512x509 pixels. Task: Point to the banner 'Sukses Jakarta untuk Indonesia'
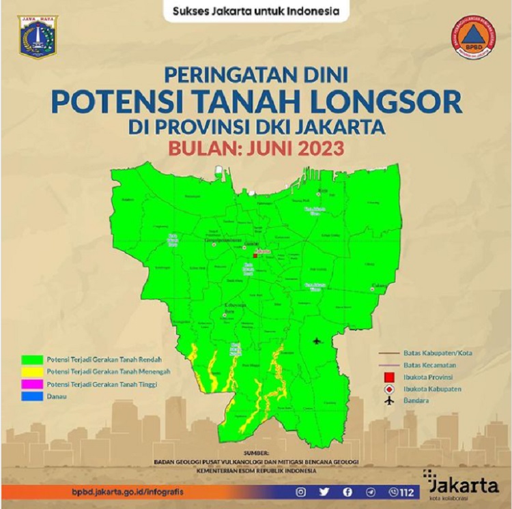[x=256, y=12]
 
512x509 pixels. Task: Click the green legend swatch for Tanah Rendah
[x=32, y=359]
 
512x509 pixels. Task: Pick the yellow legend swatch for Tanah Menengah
[x=32, y=372]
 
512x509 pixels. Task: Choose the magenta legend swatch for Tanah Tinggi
[x=32, y=385]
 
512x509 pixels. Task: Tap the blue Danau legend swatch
[x=32, y=398]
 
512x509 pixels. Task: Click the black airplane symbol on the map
[x=316, y=340]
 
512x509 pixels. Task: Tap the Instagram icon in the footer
[x=301, y=491]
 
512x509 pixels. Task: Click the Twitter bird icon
[x=325, y=491]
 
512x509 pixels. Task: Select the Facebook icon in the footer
[x=348, y=491]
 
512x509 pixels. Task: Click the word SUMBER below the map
[x=256, y=452]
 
